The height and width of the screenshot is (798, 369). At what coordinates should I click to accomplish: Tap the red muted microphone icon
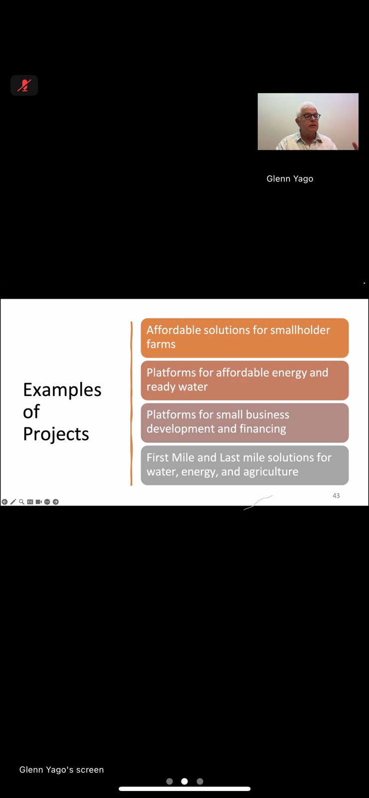(x=24, y=85)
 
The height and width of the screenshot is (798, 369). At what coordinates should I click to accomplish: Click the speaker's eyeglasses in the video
(x=311, y=116)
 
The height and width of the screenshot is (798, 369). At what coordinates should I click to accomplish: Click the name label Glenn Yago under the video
(x=290, y=179)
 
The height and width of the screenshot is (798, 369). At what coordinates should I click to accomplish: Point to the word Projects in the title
(x=56, y=434)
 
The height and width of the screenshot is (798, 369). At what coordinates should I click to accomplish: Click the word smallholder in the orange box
(x=300, y=330)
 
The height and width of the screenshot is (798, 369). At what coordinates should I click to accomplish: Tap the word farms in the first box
(x=161, y=344)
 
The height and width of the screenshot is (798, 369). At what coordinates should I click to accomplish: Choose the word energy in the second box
(x=289, y=373)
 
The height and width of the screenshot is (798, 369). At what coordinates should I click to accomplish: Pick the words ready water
(x=177, y=387)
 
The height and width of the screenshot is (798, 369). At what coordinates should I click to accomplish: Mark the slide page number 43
(x=336, y=496)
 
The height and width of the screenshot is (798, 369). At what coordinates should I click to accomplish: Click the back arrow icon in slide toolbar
(x=4, y=502)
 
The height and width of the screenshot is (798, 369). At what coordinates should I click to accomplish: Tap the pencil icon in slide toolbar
(x=13, y=502)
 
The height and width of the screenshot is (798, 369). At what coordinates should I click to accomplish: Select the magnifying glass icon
(x=22, y=502)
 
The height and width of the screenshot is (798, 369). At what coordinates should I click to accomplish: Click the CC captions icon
(x=30, y=502)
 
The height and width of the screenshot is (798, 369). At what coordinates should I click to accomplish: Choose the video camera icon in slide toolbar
(x=39, y=502)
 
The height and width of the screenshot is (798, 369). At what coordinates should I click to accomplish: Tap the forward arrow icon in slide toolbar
(x=55, y=502)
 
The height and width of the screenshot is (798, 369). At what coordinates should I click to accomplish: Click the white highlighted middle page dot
(x=184, y=781)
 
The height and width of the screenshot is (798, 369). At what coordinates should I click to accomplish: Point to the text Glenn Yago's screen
(x=62, y=770)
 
